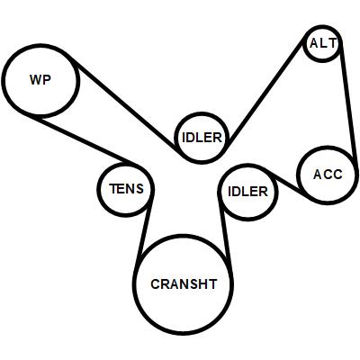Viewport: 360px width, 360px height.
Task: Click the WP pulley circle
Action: pos(40,45)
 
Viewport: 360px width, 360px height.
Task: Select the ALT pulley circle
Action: pos(322,26)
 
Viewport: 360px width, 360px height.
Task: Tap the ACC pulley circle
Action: pos(328,148)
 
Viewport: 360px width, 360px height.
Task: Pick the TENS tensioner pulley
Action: pos(126,164)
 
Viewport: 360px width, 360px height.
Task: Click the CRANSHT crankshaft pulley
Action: pos(184,236)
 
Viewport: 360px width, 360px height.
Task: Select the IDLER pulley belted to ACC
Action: pos(247,165)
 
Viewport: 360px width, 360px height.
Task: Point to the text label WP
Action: pos(40,80)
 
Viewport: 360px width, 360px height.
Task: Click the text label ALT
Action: pos(323,44)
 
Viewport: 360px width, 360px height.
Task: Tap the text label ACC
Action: pos(328,175)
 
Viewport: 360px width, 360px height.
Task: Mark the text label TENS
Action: pos(126,189)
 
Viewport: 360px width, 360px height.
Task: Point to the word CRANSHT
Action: pos(184,284)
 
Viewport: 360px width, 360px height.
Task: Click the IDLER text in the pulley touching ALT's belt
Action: pos(202,138)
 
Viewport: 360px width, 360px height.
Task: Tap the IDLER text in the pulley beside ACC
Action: pos(247,192)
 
